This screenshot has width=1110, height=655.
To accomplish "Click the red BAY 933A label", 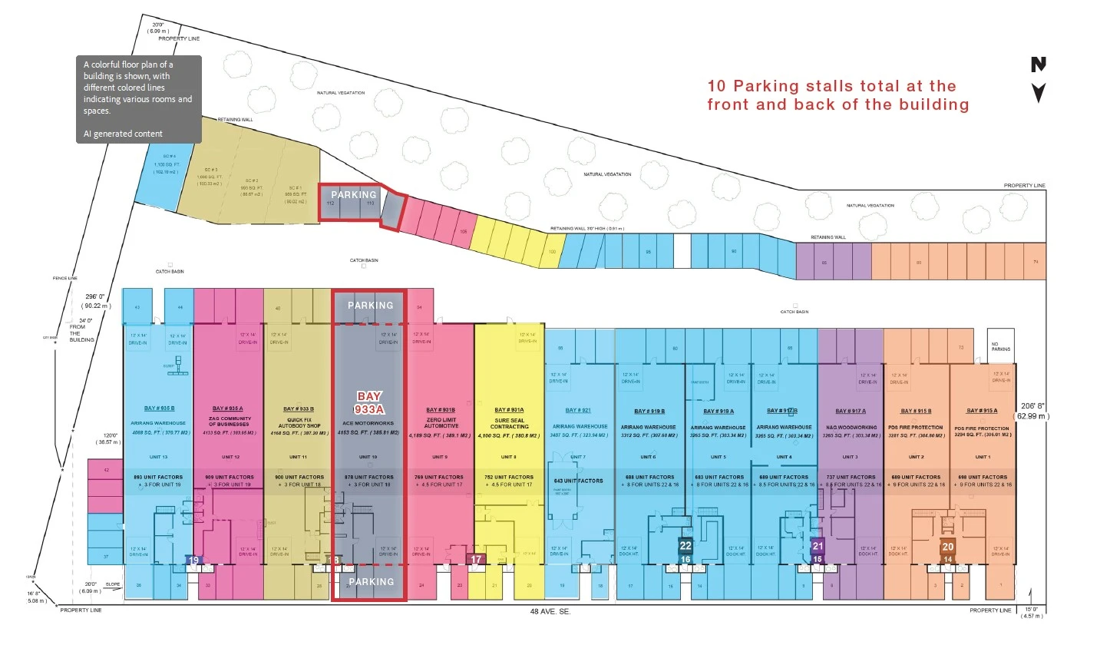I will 369,403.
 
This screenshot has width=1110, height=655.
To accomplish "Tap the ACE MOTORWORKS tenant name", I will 368,423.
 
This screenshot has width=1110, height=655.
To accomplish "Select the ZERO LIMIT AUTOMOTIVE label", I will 441,423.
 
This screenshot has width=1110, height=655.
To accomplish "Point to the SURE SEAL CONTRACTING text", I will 510,423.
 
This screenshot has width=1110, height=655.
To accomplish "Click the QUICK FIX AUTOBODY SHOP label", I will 299,422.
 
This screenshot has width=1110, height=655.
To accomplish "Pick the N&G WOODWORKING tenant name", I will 851,428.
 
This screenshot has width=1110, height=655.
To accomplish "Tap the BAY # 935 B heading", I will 159,409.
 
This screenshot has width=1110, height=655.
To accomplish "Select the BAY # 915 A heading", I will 982,411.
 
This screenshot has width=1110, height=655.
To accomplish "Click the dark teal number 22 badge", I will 685,546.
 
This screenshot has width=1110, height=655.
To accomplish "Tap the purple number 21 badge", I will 818,546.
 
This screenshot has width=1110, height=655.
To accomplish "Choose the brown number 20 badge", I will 948,547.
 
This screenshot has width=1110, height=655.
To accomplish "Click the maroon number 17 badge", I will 477,560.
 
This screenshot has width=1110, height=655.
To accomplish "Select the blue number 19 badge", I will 194,561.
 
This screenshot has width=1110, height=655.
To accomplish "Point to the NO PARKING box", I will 1000,347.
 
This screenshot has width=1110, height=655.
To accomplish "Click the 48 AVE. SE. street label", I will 550,612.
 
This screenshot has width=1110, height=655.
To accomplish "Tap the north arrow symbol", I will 1039,79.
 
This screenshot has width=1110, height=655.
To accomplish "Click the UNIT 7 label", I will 578,457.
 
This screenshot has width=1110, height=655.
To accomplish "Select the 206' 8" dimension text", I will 1032,406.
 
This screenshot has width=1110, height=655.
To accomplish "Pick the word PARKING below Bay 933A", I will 372,582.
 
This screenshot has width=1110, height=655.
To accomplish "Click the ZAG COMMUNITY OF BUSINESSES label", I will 230,422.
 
